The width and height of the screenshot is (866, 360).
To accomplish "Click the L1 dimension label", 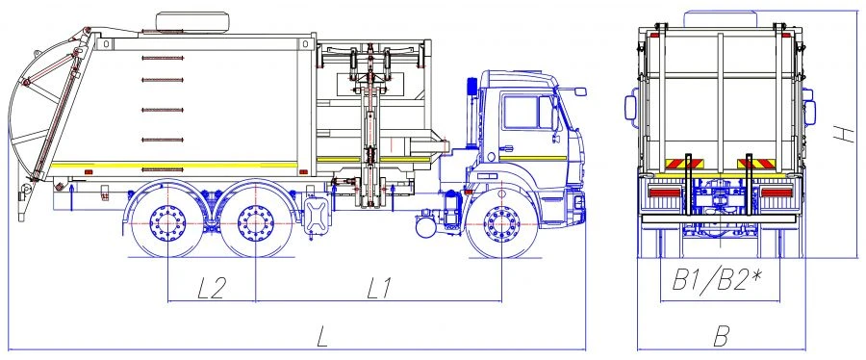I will [x=379, y=287].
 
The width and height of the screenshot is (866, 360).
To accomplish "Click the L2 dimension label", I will [x=211, y=287].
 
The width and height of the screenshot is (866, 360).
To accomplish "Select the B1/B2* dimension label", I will [x=717, y=281].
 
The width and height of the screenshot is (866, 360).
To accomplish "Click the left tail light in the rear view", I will [x=664, y=193].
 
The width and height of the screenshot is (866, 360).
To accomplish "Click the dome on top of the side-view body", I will [x=192, y=19].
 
